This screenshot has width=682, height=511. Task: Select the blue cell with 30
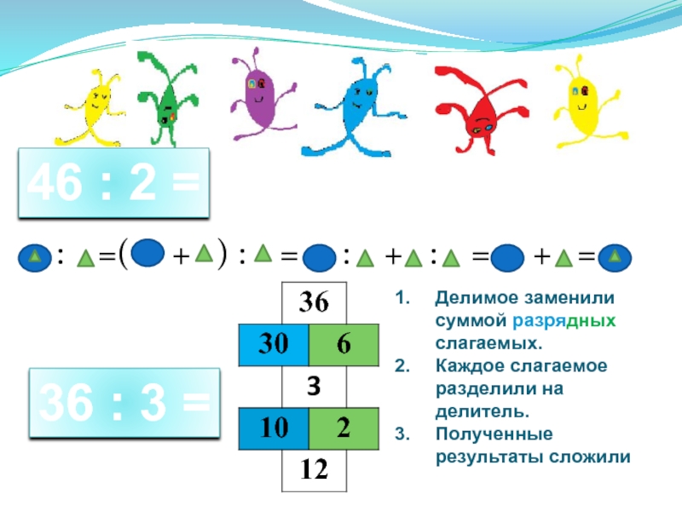(x=273, y=344)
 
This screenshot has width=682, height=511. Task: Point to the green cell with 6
(x=344, y=344)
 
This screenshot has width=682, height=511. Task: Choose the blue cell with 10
(x=273, y=428)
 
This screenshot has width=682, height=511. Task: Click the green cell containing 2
(x=344, y=428)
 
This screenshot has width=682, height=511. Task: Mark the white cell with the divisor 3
(x=315, y=386)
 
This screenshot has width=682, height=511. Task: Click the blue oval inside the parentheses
(x=148, y=254)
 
